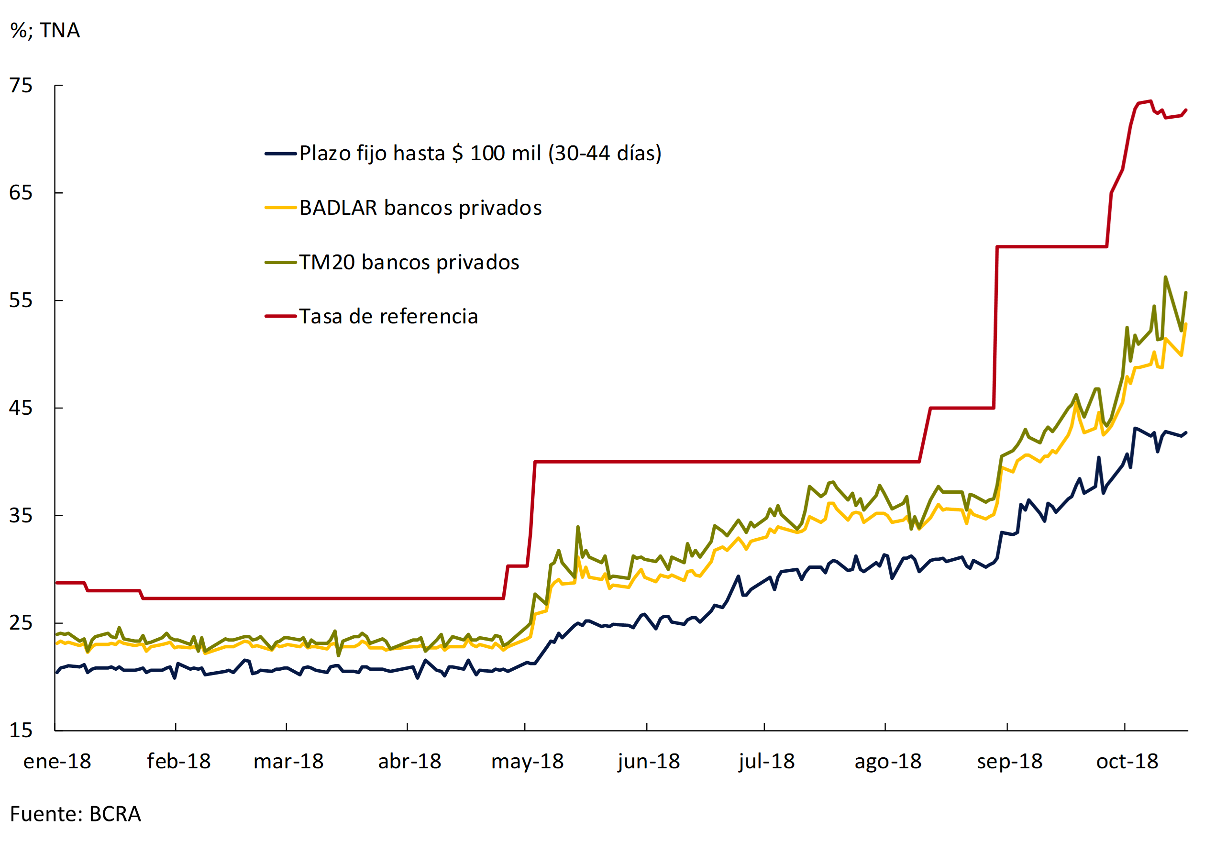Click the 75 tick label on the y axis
(x=21, y=86)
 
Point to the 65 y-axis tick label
(x=21, y=193)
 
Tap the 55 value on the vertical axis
(x=21, y=300)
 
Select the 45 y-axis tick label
(x=21, y=409)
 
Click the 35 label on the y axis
(x=21, y=516)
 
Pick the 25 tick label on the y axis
(x=21, y=623)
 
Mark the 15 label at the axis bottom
(x=21, y=731)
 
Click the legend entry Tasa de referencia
(x=388, y=316)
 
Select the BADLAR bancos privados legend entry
(x=420, y=208)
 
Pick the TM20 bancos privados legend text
(x=409, y=263)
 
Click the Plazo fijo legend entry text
(x=480, y=154)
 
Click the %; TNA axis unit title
(x=45, y=31)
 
